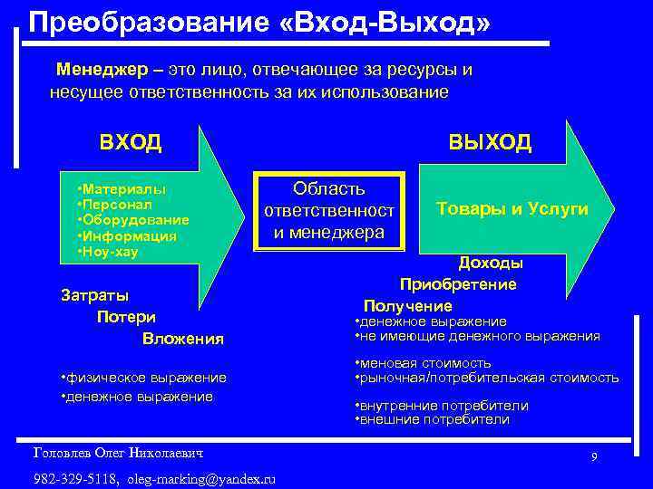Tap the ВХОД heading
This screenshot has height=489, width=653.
tap(131, 142)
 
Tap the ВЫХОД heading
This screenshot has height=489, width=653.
tap(491, 142)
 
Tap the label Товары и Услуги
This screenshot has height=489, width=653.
tap(512, 209)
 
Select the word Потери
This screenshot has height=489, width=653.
tap(126, 317)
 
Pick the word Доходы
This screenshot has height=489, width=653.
tap(490, 264)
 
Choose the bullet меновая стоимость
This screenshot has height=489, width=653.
tap(424, 364)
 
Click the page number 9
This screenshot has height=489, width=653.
tap(594, 456)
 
